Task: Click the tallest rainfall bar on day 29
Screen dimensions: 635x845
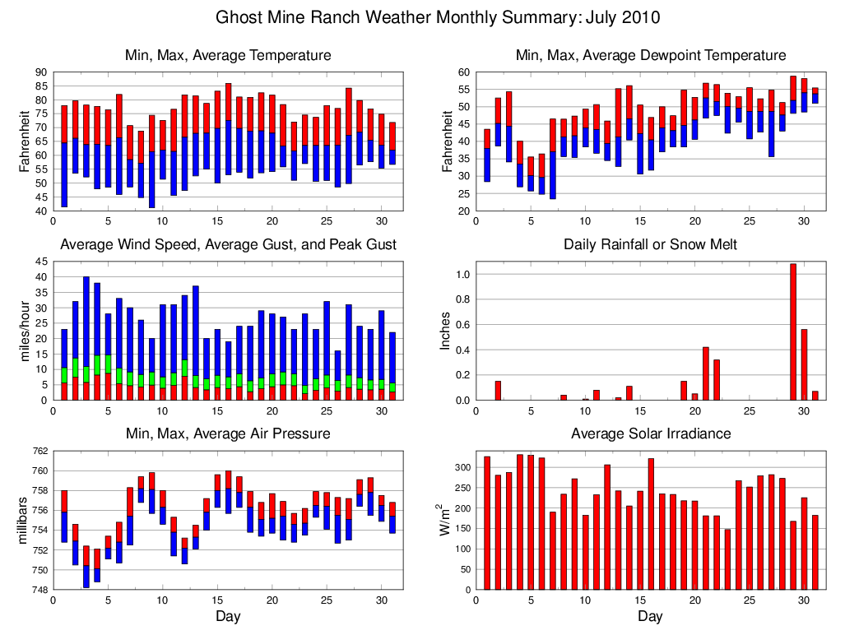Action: (x=793, y=332)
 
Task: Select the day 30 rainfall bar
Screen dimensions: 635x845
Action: (x=804, y=364)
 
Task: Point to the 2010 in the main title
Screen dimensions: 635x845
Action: (x=641, y=17)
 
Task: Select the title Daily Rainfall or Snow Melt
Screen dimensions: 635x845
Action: (x=650, y=244)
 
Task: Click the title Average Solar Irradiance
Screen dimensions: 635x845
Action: (x=650, y=433)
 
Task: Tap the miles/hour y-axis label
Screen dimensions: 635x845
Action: (x=25, y=330)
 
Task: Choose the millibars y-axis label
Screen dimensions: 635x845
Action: (x=25, y=520)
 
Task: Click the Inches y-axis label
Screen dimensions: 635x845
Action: (x=446, y=330)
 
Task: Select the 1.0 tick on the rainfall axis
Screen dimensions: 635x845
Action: (x=462, y=275)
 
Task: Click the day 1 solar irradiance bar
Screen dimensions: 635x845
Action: (x=487, y=522)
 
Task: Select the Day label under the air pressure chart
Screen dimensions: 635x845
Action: (x=228, y=616)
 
